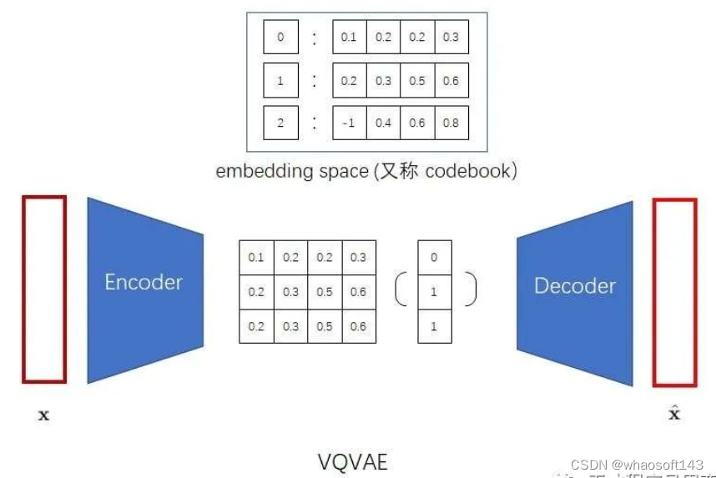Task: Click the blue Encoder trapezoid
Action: coord(144,288)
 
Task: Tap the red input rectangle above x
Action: coord(43,288)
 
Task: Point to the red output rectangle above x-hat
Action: coord(674,292)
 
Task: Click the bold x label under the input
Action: coord(43,415)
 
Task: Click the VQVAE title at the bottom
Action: coord(353,461)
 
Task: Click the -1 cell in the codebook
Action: coord(349,123)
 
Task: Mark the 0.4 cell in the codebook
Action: coord(383,123)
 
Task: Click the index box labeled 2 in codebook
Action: coord(280,123)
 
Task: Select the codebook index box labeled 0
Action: coord(280,38)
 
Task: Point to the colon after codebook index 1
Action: coord(315,81)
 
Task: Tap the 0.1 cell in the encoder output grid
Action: coord(256,258)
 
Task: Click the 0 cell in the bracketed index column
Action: coord(434,258)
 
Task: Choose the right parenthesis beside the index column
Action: coord(471,289)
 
